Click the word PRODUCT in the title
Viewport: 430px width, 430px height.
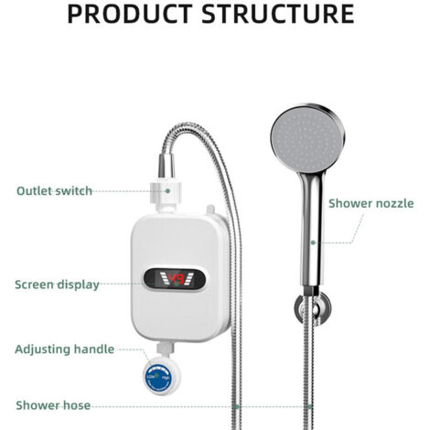click(x=130, y=14)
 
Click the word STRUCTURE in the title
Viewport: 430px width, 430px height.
click(x=278, y=14)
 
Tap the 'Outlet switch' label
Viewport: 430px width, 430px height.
click(x=54, y=191)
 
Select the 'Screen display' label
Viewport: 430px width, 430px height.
click(x=57, y=285)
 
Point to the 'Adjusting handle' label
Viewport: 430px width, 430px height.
click(x=65, y=349)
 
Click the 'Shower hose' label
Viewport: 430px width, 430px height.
click(x=53, y=405)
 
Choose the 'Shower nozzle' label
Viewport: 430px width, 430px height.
click(x=371, y=203)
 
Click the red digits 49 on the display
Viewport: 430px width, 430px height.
click(x=177, y=279)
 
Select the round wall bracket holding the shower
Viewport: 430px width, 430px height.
click(x=312, y=308)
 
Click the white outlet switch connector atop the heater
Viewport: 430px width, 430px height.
click(x=166, y=195)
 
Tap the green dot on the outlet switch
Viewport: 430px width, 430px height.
click(x=167, y=191)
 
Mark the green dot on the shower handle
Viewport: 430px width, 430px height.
click(x=313, y=242)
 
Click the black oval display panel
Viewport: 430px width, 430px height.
click(x=175, y=279)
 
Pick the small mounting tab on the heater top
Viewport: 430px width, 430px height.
click(x=210, y=210)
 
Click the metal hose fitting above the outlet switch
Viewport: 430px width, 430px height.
click(x=167, y=166)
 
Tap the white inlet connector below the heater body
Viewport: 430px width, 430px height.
click(x=166, y=349)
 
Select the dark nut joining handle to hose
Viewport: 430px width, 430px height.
click(x=311, y=291)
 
